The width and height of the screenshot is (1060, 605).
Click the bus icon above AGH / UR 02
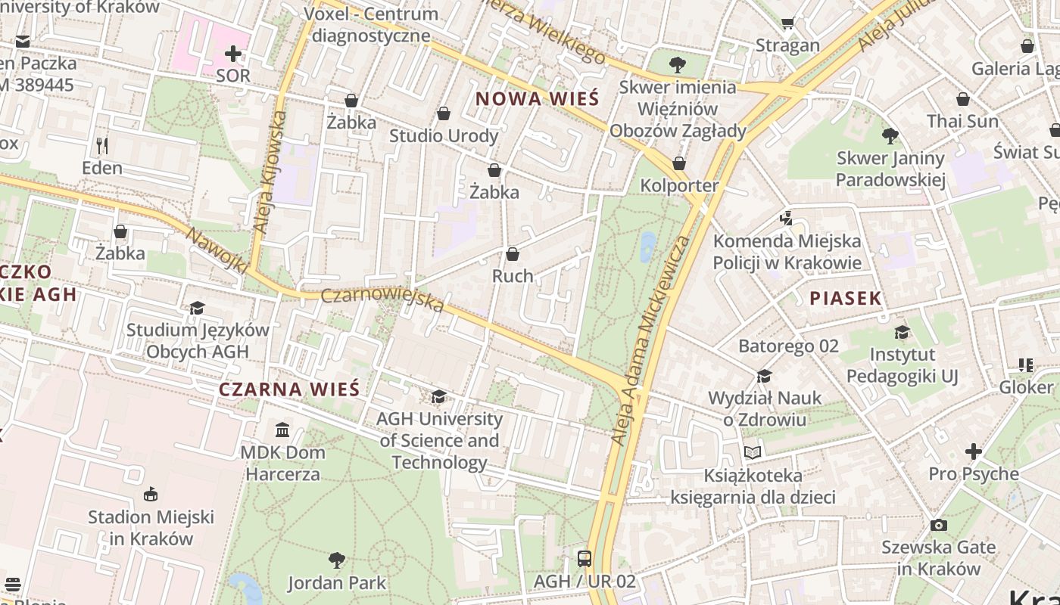pyautogui.click(x=584, y=559)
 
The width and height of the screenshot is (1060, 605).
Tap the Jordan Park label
pyautogui.click(x=337, y=583)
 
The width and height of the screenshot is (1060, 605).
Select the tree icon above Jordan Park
pyautogui.click(x=337, y=560)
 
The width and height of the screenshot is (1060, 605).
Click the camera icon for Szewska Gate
pyautogui.click(x=938, y=525)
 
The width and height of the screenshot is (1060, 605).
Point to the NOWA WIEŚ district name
pyautogui.click(x=537, y=98)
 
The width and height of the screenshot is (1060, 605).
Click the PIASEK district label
pyautogui.click(x=846, y=299)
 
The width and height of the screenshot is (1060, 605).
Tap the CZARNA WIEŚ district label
pyautogui.click(x=289, y=389)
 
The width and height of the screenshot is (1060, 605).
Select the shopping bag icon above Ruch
pyautogui.click(x=513, y=254)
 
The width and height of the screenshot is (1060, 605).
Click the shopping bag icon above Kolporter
pyautogui.click(x=679, y=163)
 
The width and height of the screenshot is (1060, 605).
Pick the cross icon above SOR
pyautogui.click(x=233, y=54)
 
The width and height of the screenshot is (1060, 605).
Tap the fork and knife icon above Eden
pyautogui.click(x=102, y=145)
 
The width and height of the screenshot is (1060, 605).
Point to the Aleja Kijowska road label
pyautogui.click(x=270, y=172)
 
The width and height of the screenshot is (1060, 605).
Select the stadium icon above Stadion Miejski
pyautogui.click(x=151, y=495)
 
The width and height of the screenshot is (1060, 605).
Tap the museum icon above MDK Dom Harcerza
pyautogui.click(x=282, y=430)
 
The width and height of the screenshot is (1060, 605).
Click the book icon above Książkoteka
pyautogui.click(x=752, y=453)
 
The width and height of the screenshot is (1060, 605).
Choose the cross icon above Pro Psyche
pyautogui.click(x=973, y=451)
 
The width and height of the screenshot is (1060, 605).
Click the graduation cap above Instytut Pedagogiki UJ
pyautogui.click(x=902, y=332)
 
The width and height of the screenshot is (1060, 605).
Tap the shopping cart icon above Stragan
pyautogui.click(x=787, y=23)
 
